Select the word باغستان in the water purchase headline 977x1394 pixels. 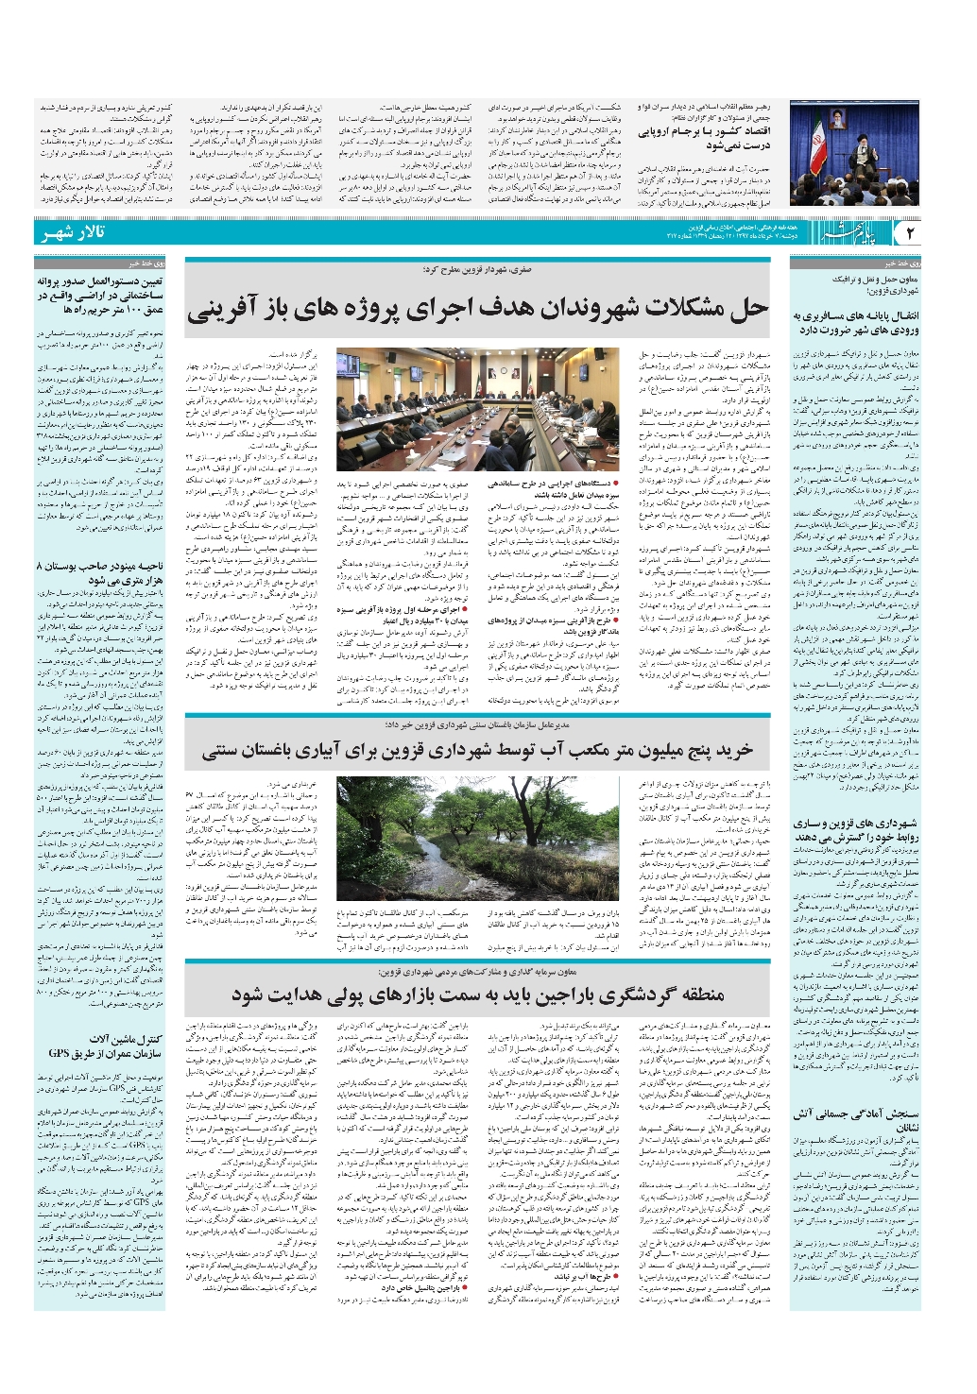tap(236, 752)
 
